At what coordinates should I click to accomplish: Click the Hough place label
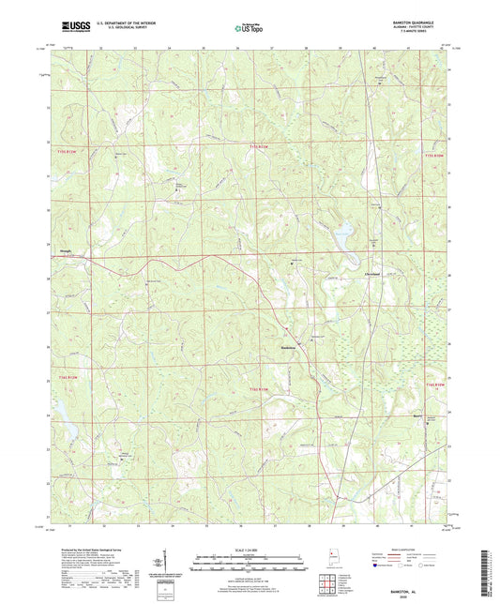(x=67, y=250)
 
